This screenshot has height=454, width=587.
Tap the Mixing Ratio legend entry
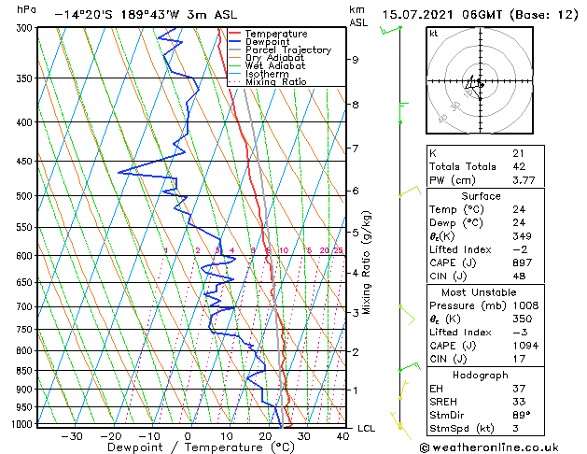point(276,82)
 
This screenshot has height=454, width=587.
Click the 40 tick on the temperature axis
point(342,436)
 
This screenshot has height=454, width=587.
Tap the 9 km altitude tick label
point(356,60)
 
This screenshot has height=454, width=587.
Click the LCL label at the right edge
point(367,428)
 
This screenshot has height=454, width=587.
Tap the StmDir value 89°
point(521,415)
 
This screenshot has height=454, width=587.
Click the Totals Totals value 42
point(518,167)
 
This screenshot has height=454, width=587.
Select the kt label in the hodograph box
point(434,34)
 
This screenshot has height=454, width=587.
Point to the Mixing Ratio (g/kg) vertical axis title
point(367,262)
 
